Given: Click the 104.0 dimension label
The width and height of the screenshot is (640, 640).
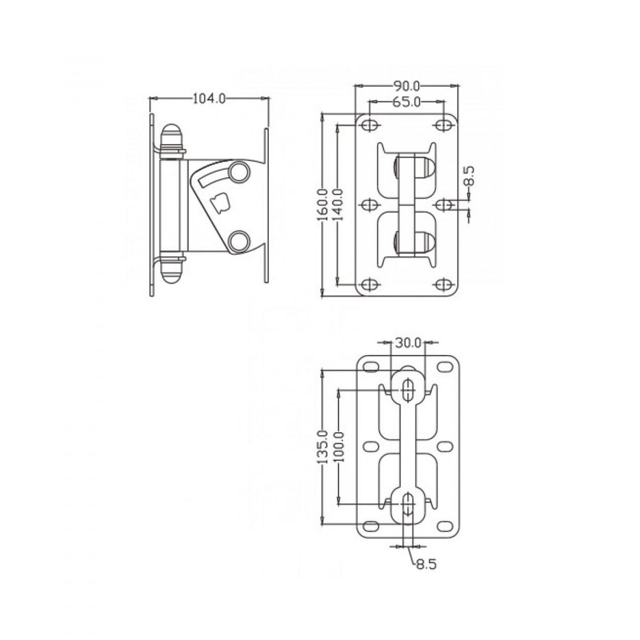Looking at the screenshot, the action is point(209,99).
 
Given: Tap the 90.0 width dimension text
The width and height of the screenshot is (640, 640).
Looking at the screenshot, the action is point(406,86).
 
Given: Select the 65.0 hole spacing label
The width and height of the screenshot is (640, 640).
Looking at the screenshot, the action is point(406,102).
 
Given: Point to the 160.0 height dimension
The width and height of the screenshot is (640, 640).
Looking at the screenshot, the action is point(323,204).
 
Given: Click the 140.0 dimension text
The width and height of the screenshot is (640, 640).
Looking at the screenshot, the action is point(337,204).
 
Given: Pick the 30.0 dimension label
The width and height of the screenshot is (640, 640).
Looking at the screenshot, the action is point(408,343).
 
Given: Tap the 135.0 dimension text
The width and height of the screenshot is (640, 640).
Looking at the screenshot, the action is point(323,447).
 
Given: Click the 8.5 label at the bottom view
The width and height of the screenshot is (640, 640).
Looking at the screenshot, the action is point(426,564).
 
